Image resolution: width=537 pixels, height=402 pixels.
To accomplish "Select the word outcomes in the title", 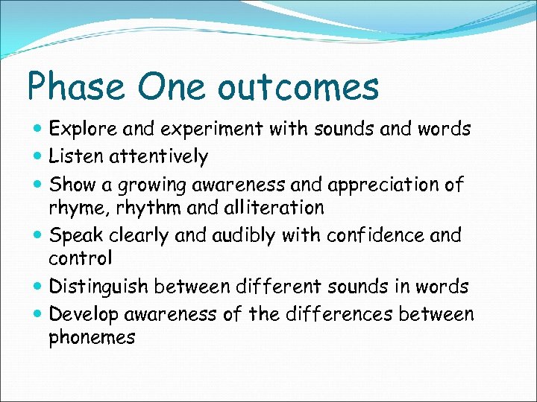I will pos(298,87).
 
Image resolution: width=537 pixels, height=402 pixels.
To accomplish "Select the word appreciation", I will pos(397,184).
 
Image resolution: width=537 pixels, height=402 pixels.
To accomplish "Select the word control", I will pos(81,259).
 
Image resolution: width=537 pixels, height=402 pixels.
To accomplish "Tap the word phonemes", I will pos(92,338).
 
